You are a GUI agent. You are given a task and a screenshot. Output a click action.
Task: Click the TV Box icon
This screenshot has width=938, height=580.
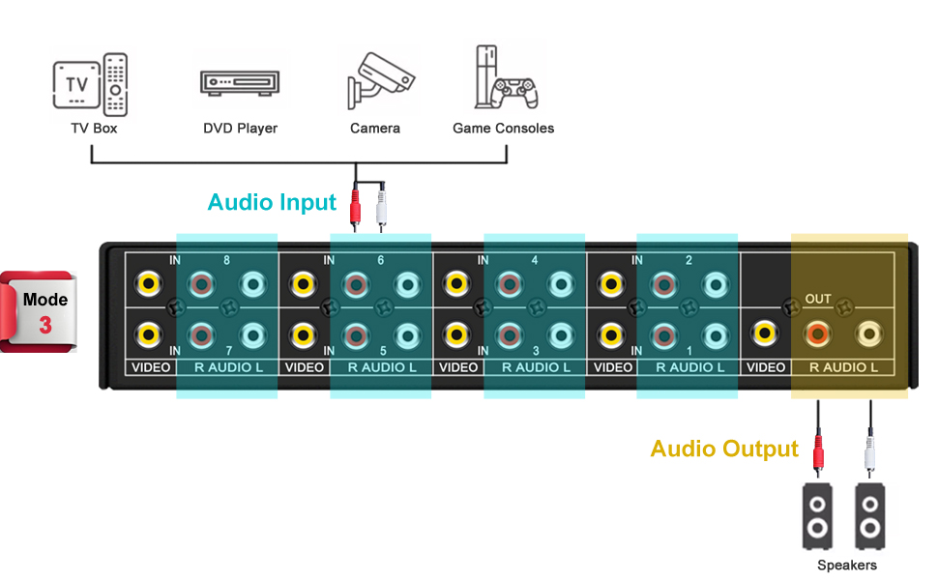pyautogui.click(x=89, y=83)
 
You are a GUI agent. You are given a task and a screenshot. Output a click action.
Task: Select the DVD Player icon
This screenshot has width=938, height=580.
pyautogui.click(x=240, y=83)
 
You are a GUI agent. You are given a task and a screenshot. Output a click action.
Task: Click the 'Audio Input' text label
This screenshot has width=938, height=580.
pyautogui.click(x=272, y=202)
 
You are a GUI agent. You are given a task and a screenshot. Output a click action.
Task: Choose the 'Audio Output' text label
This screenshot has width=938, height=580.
pyautogui.click(x=724, y=449)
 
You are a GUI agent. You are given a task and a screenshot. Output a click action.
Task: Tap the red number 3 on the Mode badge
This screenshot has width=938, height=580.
pyautogui.click(x=45, y=325)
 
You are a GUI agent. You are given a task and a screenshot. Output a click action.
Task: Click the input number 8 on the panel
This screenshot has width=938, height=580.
pyautogui.click(x=226, y=260)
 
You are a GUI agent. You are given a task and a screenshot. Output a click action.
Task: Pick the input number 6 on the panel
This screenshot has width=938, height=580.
pyautogui.click(x=380, y=260)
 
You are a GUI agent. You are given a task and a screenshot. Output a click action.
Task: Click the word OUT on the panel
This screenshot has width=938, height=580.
pyautogui.click(x=818, y=299)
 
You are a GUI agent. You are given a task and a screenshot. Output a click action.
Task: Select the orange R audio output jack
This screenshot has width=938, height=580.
pyautogui.click(x=817, y=334)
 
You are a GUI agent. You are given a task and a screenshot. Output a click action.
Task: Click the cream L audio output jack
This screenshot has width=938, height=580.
pyautogui.click(x=868, y=334)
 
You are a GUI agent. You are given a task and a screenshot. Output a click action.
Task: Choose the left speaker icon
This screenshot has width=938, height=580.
pyautogui.click(x=818, y=514)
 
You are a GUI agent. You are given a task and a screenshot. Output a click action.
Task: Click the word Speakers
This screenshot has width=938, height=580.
pyautogui.click(x=847, y=565)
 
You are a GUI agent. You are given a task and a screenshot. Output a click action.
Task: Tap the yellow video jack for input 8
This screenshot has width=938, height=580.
pyautogui.click(x=148, y=284)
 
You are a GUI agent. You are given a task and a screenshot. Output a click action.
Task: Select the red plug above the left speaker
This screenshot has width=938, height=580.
pyautogui.click(x=819, y=450)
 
